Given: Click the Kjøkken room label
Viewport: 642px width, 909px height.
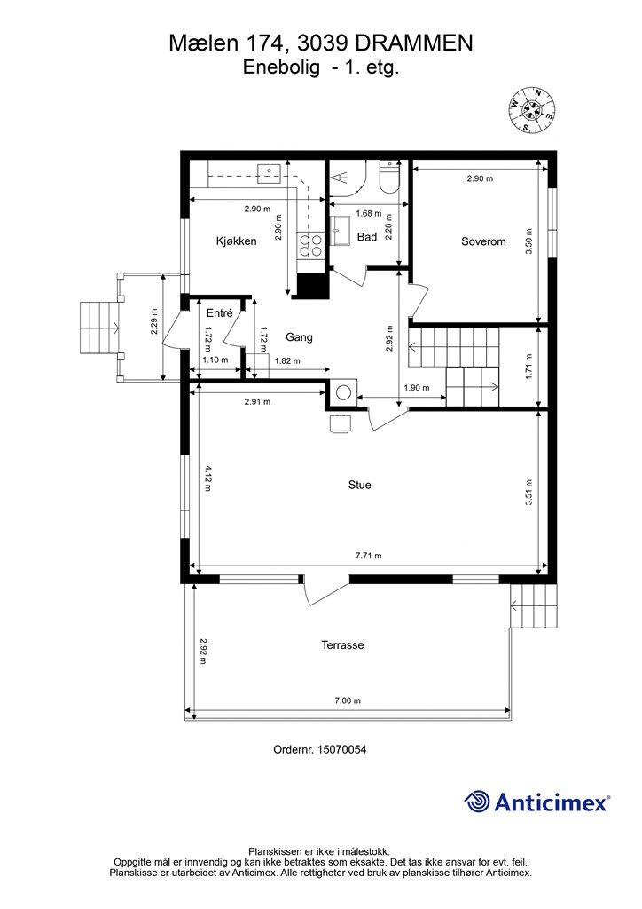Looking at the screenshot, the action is (x=236, y=241).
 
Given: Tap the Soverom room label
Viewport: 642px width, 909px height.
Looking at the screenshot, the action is (x=483, y=241).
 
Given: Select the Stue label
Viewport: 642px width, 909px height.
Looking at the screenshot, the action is (x=359, y=485).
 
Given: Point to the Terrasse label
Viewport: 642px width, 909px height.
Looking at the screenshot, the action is (x=342, y=644).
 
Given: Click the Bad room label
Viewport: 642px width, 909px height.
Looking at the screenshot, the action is (x=367, y=236).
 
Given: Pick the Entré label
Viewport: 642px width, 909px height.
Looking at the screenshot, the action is (x=219, y=313).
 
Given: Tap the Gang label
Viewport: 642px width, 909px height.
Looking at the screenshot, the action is (x=300, y=337).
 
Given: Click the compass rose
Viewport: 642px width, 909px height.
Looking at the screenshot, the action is (x=532, y=108).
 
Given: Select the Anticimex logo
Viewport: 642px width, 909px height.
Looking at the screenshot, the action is (x=536, y=802).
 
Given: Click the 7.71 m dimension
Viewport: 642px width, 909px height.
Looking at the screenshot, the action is (x=368, y=556).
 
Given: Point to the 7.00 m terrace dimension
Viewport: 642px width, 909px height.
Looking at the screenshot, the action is (x=348, y=700).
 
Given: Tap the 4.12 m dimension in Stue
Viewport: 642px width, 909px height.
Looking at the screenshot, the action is (x=207, y=478).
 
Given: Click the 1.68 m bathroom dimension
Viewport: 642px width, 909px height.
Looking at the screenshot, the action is (x=369, y=213).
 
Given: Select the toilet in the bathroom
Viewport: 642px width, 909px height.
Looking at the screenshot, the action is (x=388, y=177).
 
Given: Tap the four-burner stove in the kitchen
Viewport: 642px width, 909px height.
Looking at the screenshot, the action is (x=311, y=246).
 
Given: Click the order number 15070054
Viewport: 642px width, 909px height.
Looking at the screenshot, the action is (x=319, y=749).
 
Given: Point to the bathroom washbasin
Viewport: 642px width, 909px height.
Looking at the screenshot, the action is (x=339, y=230).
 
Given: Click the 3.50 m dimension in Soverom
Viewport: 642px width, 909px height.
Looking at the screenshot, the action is (x=528, y=242).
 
